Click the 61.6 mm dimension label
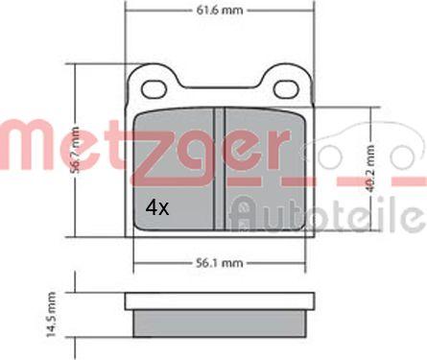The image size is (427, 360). (x=220, y=11)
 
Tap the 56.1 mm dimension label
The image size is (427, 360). (x=220, y=263)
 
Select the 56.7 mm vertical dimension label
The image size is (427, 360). (x=75, y=150)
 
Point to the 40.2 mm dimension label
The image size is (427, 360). (x=370, y=169)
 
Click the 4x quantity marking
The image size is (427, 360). (x=156, y=208)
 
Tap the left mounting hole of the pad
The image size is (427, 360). (x=154, y=89)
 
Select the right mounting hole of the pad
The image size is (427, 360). (x=286, y=89)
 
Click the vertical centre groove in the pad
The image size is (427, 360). (x=220, y=169)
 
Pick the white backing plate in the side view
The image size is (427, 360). (x=220, y=300)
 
